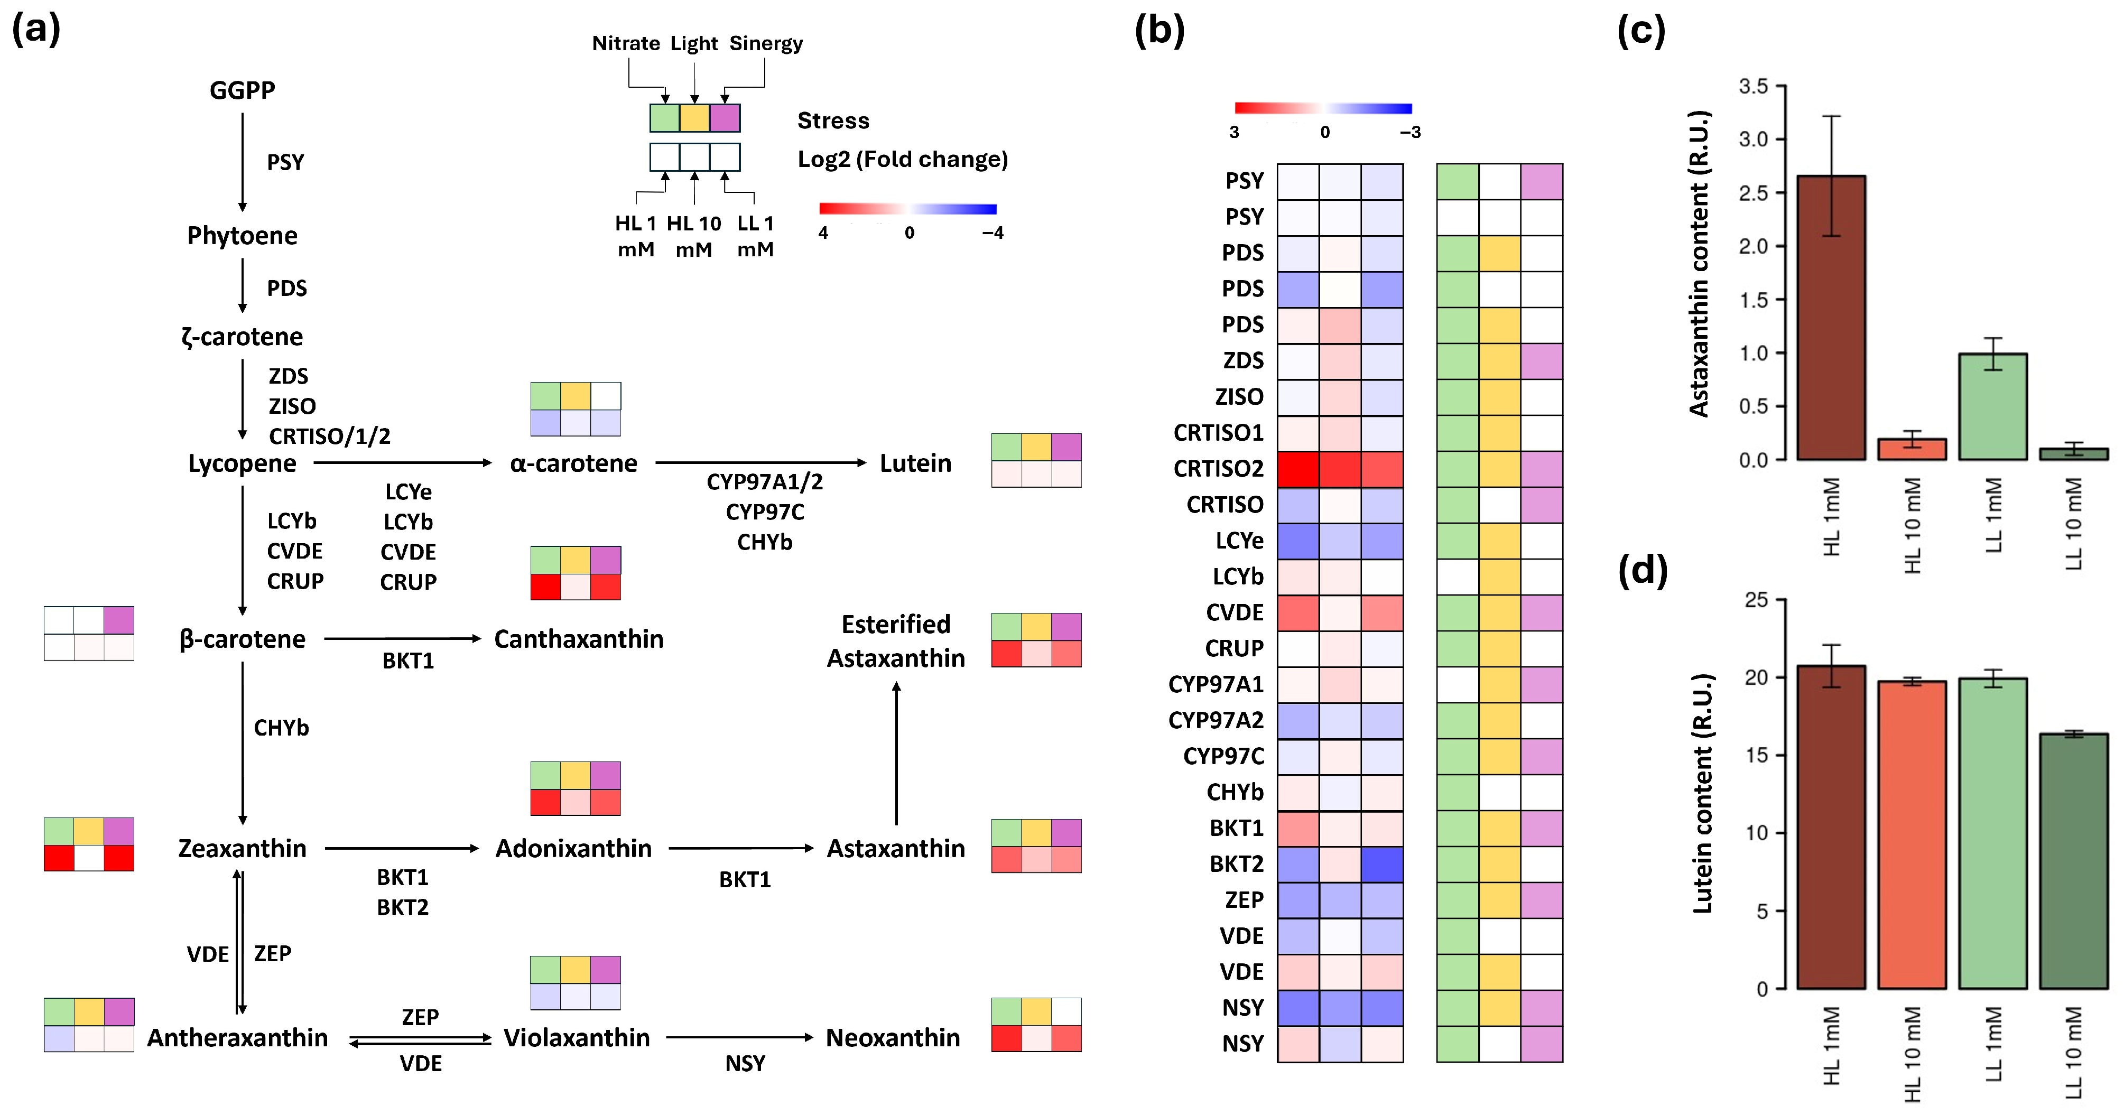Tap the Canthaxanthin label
[x=578, y=639]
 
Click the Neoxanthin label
[x=893, y=1037]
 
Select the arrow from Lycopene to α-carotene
[x=402, y=463]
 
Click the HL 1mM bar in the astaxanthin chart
[x=1831, y=318]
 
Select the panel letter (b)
[x=1160, y=31]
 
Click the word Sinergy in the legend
[x=765, y=43]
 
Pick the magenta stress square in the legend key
[x=725, y=118]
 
